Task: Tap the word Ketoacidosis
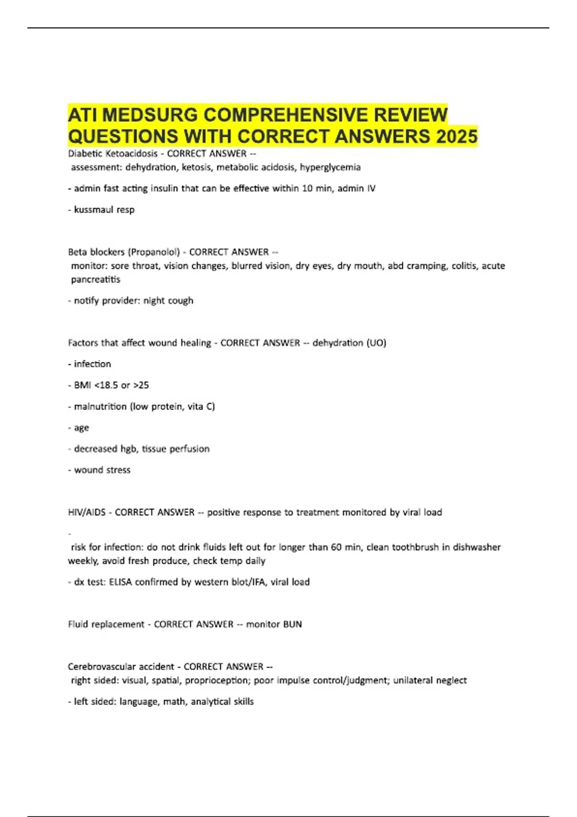pyautogui.click(x=131, y=154)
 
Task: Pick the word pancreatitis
pyautogui.click(x=96, y=279)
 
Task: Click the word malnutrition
pyautogui.click(x=100, y=407)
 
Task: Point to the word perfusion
pyautogui.click(x=189, y=449)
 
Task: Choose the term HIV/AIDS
pyautogui.click(x=87, y=512)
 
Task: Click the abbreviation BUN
pyautogui.click(x=292, y=624)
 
